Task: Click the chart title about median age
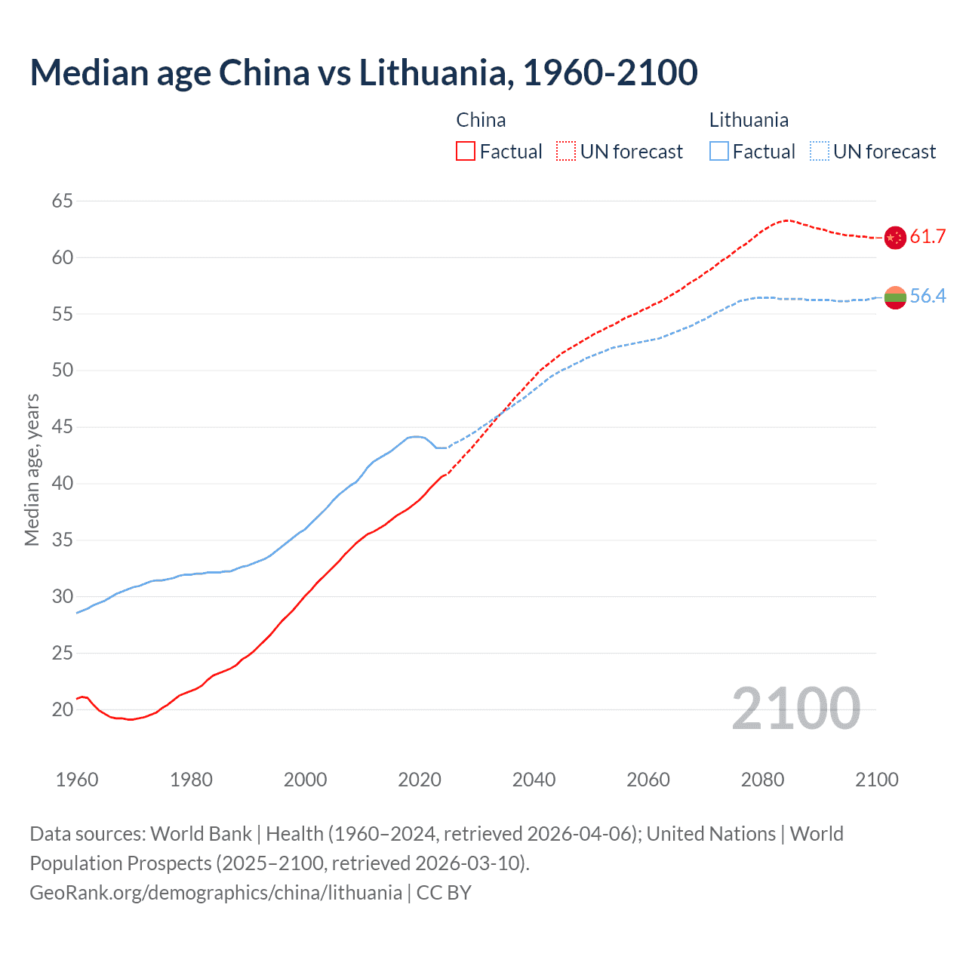364,73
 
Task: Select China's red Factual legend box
466,151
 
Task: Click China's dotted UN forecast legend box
566,151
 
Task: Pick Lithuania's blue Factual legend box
719,151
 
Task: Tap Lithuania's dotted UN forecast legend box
820,151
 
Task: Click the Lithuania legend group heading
749,120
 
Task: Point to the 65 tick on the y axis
63,201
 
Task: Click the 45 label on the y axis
63,427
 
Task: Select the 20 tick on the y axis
63,709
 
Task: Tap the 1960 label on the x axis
77,780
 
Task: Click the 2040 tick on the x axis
534,780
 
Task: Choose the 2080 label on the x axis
762,780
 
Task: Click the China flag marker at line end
895,237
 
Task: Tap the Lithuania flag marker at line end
895,297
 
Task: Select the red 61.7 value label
928,237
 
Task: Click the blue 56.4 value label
928,296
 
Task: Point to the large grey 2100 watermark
795,709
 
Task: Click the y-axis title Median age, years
32,469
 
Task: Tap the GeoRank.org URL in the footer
216,893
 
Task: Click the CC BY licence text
444,893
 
